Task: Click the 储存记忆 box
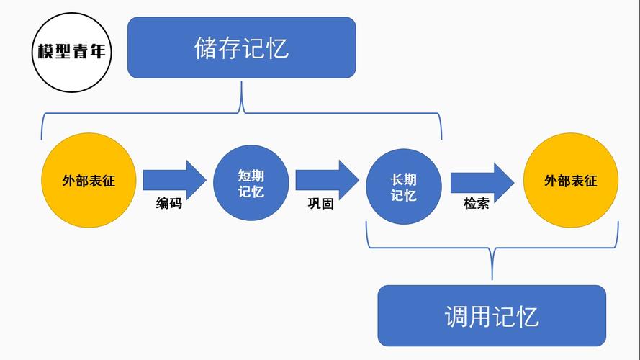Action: (x=241, y=48)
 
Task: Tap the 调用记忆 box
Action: (x=492, y=315)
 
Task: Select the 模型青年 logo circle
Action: (x=71, y=53)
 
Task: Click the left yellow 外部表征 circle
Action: (x=89, y=181)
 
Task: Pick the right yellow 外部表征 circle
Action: (x=570, y=181)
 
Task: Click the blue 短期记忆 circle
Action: (x=251, y=184)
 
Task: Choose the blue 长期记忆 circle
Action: (x=403, y=187)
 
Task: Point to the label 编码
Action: (x=169, y=204)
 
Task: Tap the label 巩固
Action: (x=321, y=204)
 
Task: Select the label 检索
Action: (x=476, y=204)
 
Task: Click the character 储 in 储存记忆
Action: (x=206, y=48)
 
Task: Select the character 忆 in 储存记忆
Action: (x=276, y=48)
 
